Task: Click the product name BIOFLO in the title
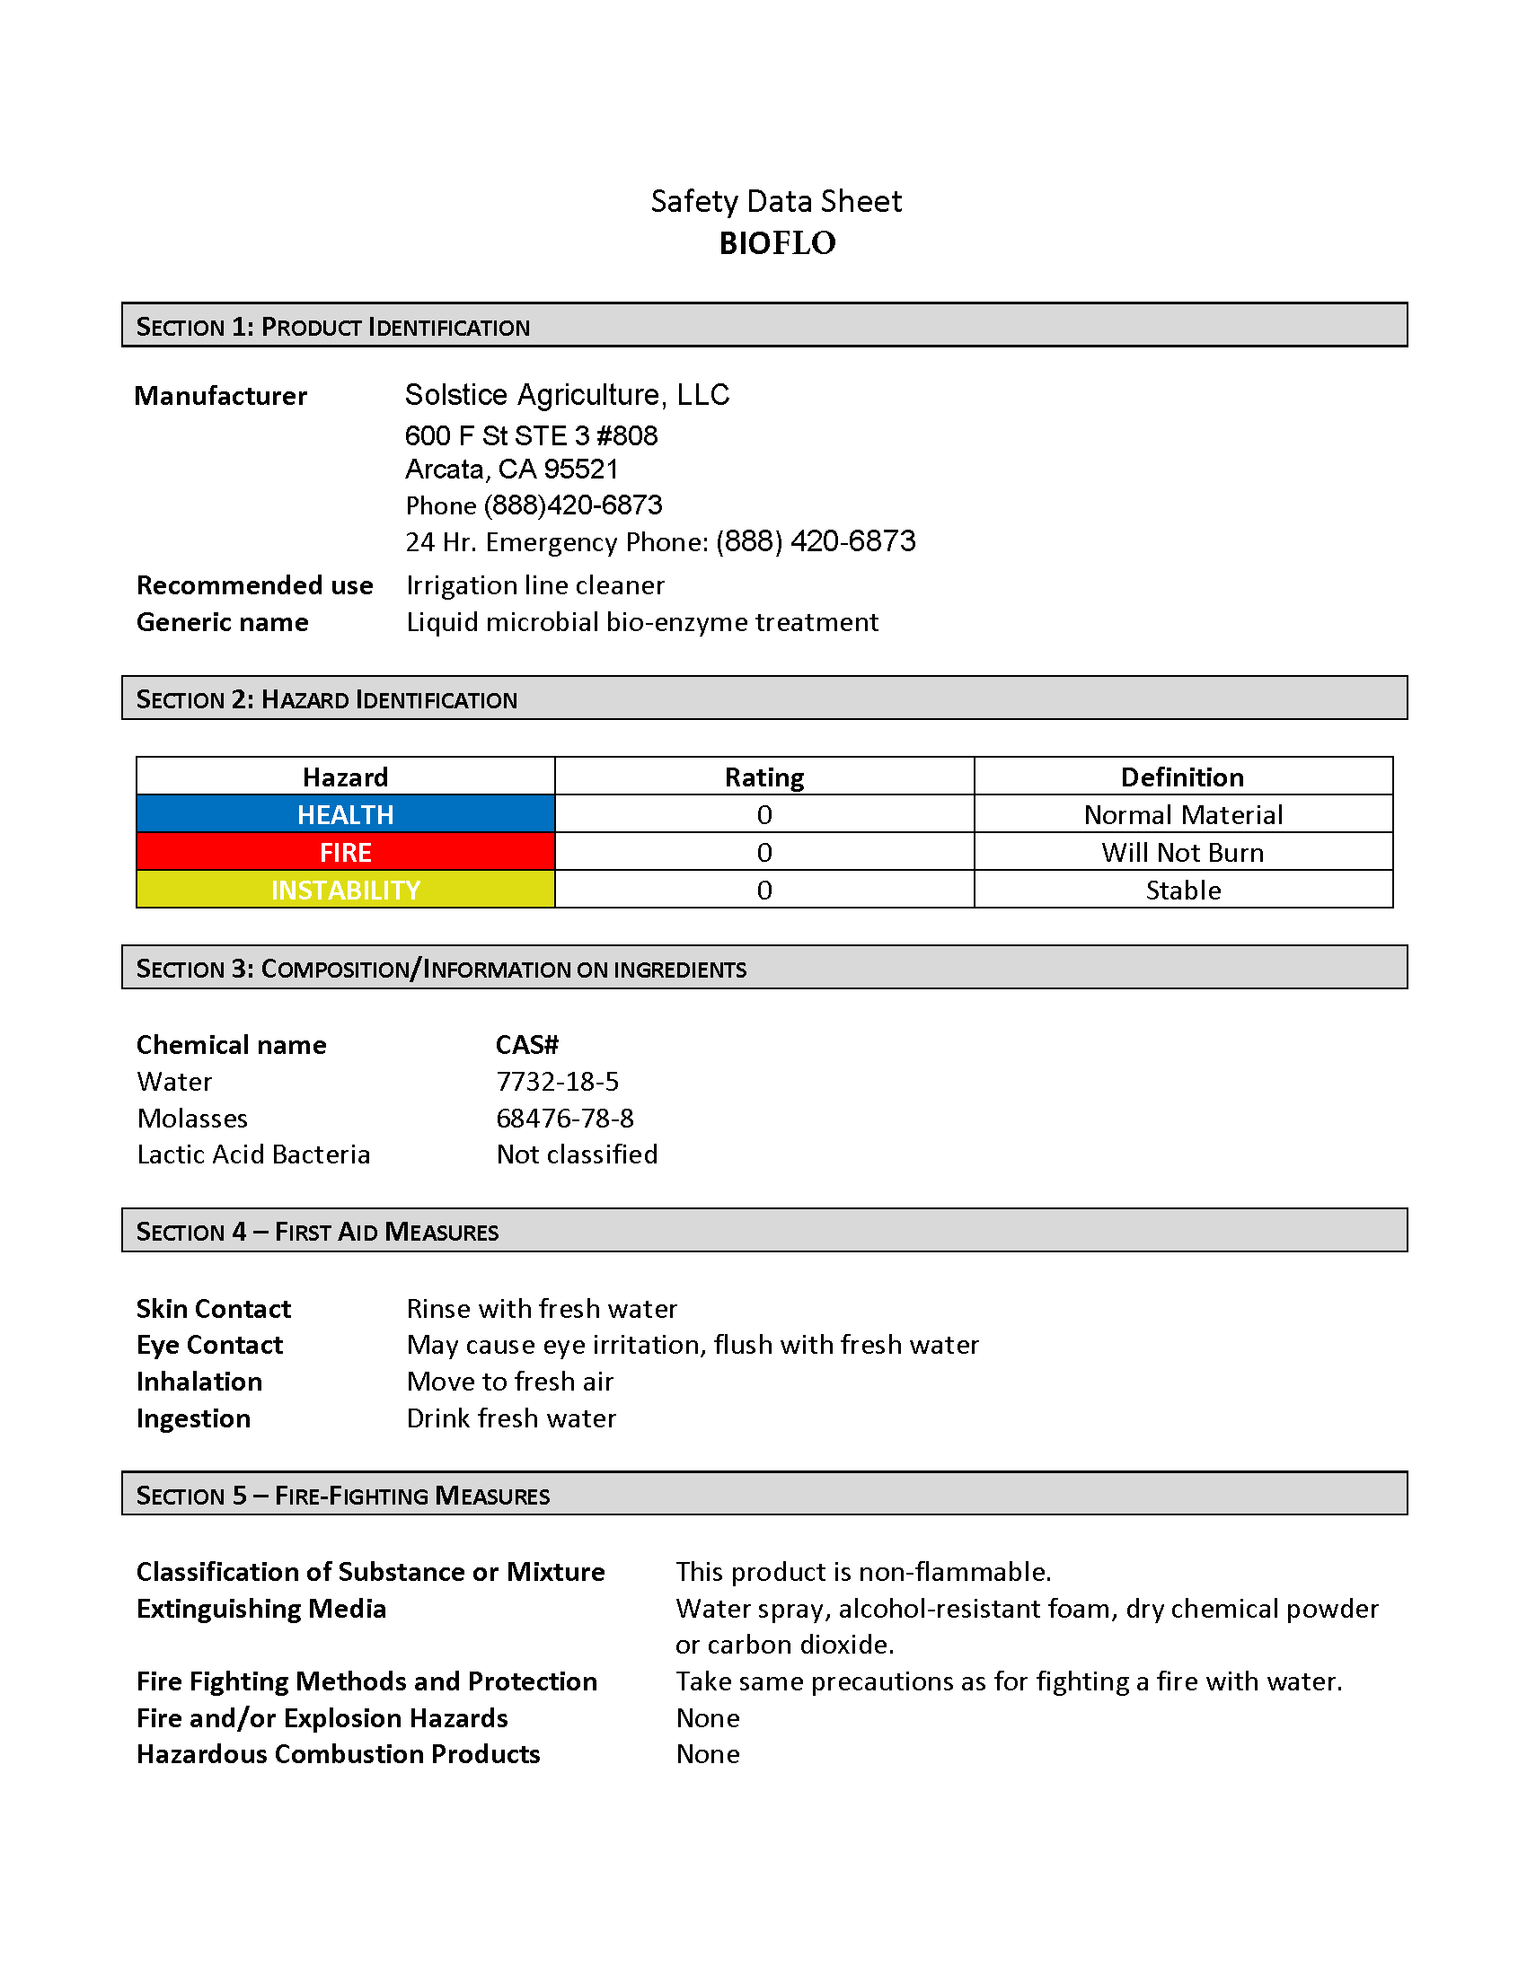[777, 243]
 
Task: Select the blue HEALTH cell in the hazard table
[345, 814]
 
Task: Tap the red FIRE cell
[345, 852]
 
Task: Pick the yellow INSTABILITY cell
[345, 890]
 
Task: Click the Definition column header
[1182, 777]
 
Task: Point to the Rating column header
[763, 777]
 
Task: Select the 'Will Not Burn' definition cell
[1182, 852]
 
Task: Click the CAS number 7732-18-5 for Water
[557, 1082]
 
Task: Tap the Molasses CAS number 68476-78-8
[564, 1119]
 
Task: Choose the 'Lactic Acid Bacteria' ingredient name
[253, 1154]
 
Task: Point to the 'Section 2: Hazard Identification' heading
[327, 699]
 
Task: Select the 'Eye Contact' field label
[210, 1345]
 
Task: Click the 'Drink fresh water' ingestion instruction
[511, 1418]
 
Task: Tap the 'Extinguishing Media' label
[261, 1609]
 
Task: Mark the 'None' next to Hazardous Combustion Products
[708, 1754]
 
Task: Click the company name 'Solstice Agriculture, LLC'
[567, 395]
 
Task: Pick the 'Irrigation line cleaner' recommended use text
[535, 585]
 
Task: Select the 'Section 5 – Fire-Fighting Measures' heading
[343, 1496]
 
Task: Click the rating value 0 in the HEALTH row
[763, 814]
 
